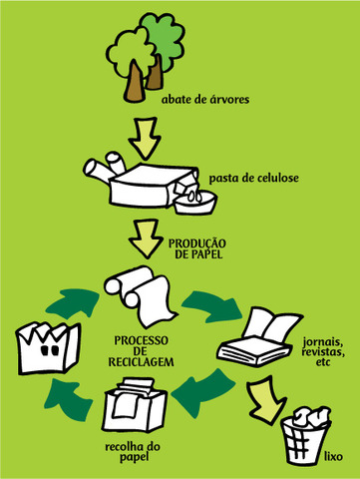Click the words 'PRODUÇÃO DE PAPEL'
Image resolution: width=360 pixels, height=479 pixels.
(x=197, y=247)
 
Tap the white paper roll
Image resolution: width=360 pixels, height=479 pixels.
(x=140, y=294)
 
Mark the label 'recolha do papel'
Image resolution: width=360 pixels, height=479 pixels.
(x=127, y=453)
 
